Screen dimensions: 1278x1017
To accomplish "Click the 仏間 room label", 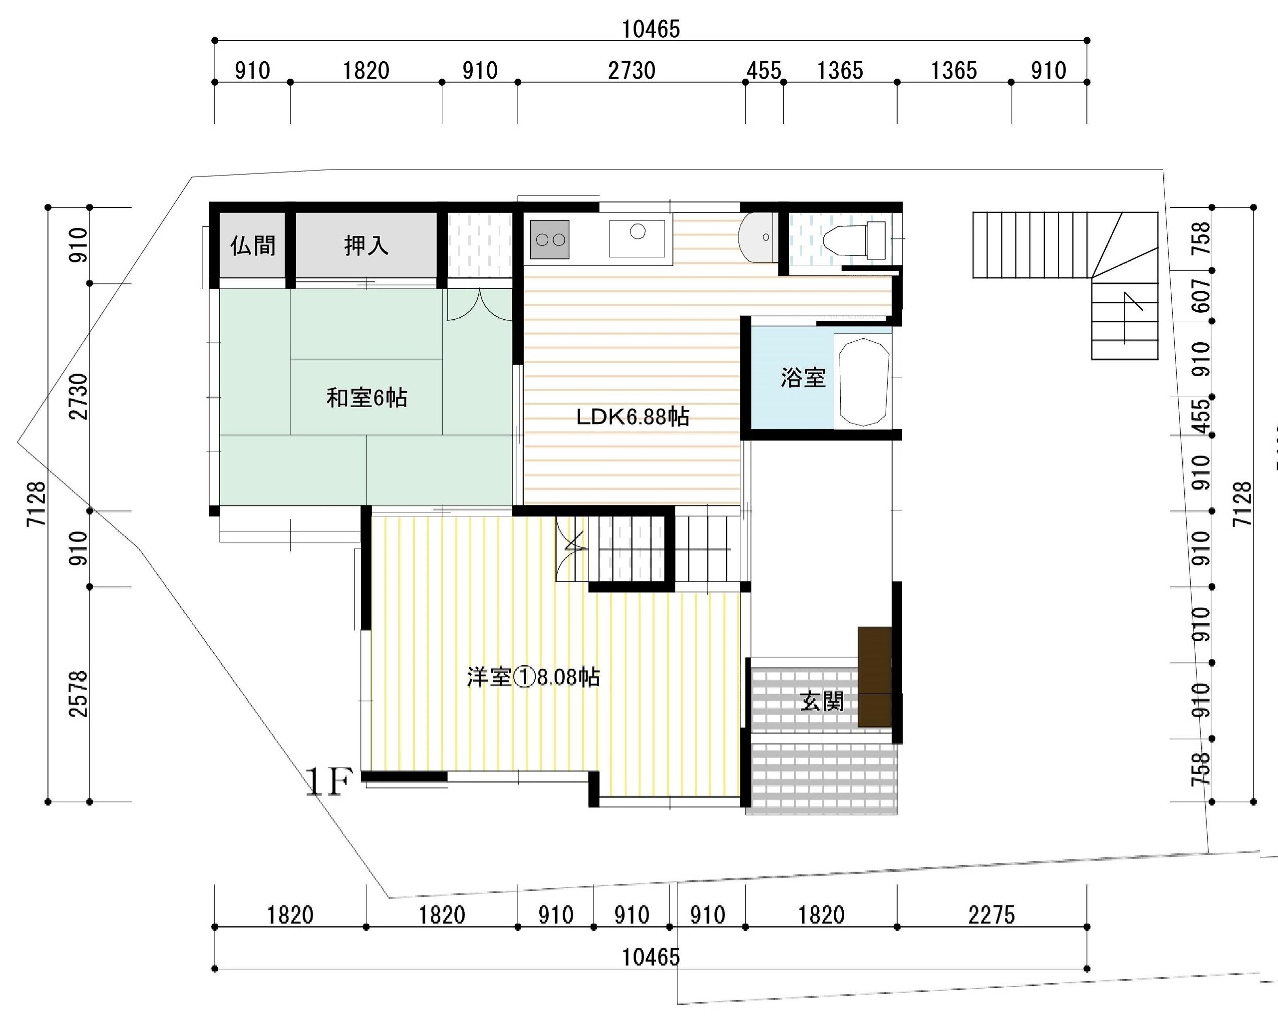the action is tap(253, 246).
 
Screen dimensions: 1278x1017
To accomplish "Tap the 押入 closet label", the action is tap(366, 246).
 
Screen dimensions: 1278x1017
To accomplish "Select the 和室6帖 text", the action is tap(367, 398).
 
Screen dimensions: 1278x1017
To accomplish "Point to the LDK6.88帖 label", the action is tap(633, 417).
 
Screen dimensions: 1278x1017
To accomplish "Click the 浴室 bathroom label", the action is tap(803, 378).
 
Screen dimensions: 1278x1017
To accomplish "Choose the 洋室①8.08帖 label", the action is tap(533, 677).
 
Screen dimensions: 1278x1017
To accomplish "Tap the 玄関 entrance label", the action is tap(822, 702).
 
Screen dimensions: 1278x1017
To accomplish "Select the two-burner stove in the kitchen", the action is tap(550, 240).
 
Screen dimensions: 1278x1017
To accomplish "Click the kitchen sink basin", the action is tap(637, 239).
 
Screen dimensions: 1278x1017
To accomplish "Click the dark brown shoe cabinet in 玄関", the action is tap(875, 677).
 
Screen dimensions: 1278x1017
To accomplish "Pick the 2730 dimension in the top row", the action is tap(632, 71).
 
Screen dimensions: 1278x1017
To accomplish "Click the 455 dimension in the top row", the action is tap(764, 71).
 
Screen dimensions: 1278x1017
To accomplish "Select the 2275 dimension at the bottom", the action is tap(992, 915).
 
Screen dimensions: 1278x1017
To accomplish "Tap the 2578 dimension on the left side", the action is tap(78, 694).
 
